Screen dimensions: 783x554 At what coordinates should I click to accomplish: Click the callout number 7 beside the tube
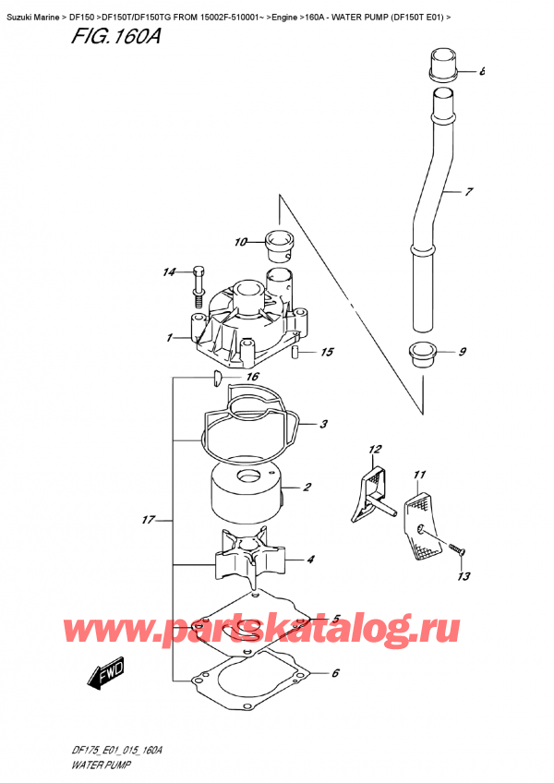coord(468,193)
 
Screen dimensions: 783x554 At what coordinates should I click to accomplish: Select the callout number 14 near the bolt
coord(168,272)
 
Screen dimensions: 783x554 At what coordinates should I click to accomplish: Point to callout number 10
coord(241,243)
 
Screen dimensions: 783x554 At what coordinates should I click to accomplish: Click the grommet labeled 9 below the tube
coord(422,354)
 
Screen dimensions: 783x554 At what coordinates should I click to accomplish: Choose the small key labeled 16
coord(214,377)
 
